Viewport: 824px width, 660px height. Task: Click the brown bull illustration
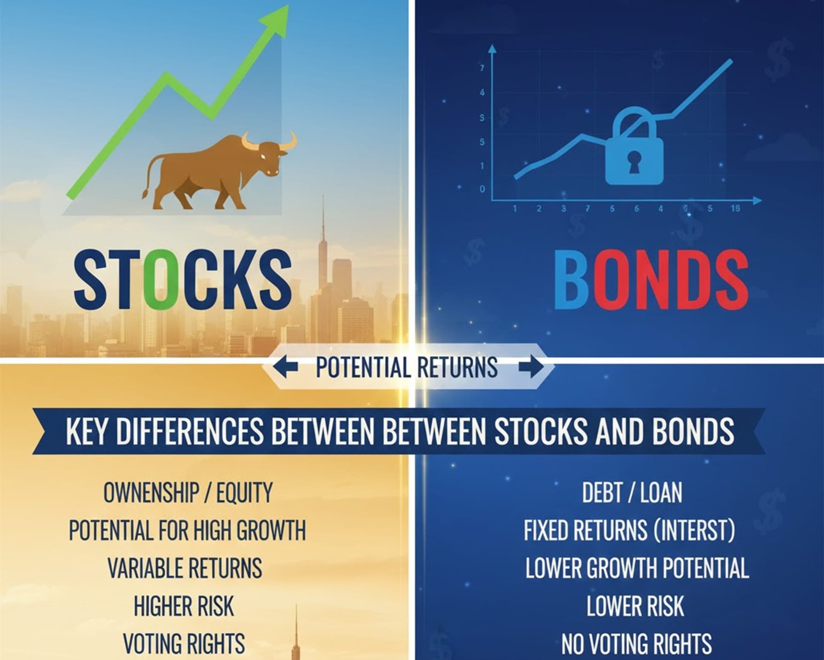pos(219,172)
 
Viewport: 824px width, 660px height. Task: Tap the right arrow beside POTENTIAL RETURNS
pos(530,367)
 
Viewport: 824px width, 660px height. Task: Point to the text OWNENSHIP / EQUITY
pos(188,493)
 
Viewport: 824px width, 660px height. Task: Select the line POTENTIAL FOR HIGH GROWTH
pos(187,530)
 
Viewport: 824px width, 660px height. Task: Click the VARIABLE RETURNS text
pos(185,568)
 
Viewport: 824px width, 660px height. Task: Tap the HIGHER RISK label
pos(184,606)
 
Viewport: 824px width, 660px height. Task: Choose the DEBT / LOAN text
pos(632,493)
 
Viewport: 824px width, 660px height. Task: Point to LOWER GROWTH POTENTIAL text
pos(637,568)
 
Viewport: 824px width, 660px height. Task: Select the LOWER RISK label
pos(635,606)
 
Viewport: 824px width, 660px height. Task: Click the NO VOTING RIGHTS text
pos(637,644)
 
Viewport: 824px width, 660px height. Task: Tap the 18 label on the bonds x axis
pos(735,209)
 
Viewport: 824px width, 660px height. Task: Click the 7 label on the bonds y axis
pos(483,68)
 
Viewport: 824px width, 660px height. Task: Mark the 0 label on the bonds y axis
pos(483,189)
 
